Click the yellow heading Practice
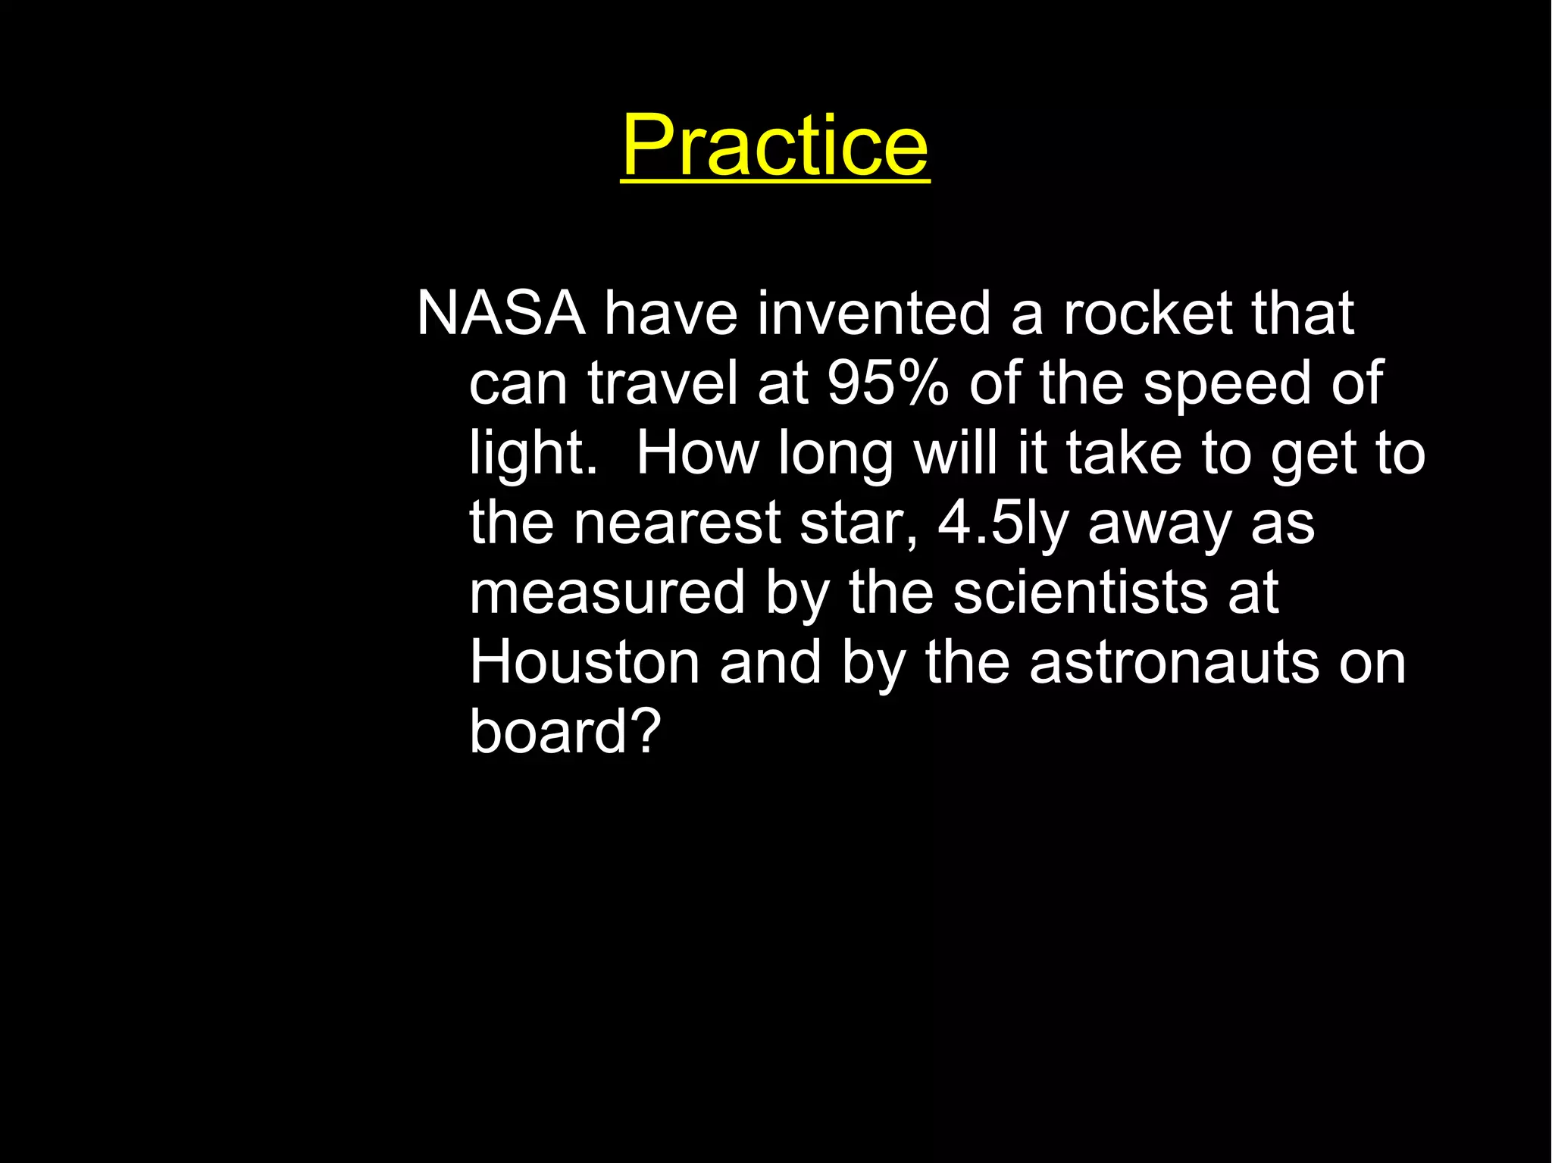[774, 145]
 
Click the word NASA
[501, 313]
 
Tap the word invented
[874, 313]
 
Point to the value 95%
[887, 383]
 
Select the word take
[1124, 453]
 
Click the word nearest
[676, 524]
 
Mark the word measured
[607, 592]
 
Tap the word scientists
[1080, 592]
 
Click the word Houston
[584, 662]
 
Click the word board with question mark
[565, 731]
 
